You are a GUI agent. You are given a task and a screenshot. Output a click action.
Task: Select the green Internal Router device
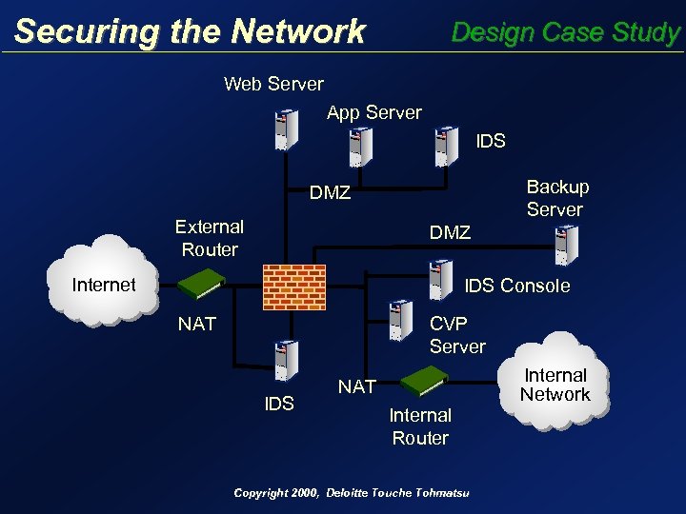(x=423, y=381)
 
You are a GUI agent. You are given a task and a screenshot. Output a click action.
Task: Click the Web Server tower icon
(x=283, y=129)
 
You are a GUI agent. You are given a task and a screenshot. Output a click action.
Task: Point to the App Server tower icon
(x=360, y=147)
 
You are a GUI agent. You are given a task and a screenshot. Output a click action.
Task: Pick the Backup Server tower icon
(x=566, y=244)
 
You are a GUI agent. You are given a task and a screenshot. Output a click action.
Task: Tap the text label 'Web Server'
(x=273, y=84)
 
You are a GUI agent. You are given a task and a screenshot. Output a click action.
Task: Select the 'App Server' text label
(x=373, y=112)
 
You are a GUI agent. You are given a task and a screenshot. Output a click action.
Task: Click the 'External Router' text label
(x=210, y=238)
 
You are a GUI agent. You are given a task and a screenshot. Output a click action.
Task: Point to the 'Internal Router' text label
(x=420, y=426)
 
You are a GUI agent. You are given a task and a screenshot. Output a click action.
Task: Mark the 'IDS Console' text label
(x=516, y=286)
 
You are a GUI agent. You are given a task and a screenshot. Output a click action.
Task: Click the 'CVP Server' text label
(x=457, y=335)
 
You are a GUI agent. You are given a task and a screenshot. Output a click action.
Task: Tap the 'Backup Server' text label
(x=557, y=198)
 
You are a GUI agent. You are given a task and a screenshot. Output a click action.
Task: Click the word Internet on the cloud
(x=104, y=284)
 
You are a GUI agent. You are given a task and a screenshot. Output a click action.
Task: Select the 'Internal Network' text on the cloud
(x=555, y=385)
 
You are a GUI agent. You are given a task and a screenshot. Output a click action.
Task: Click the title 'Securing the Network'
(x=190, y=31)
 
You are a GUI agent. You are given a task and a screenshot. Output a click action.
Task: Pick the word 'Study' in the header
(x=647, y=32)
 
